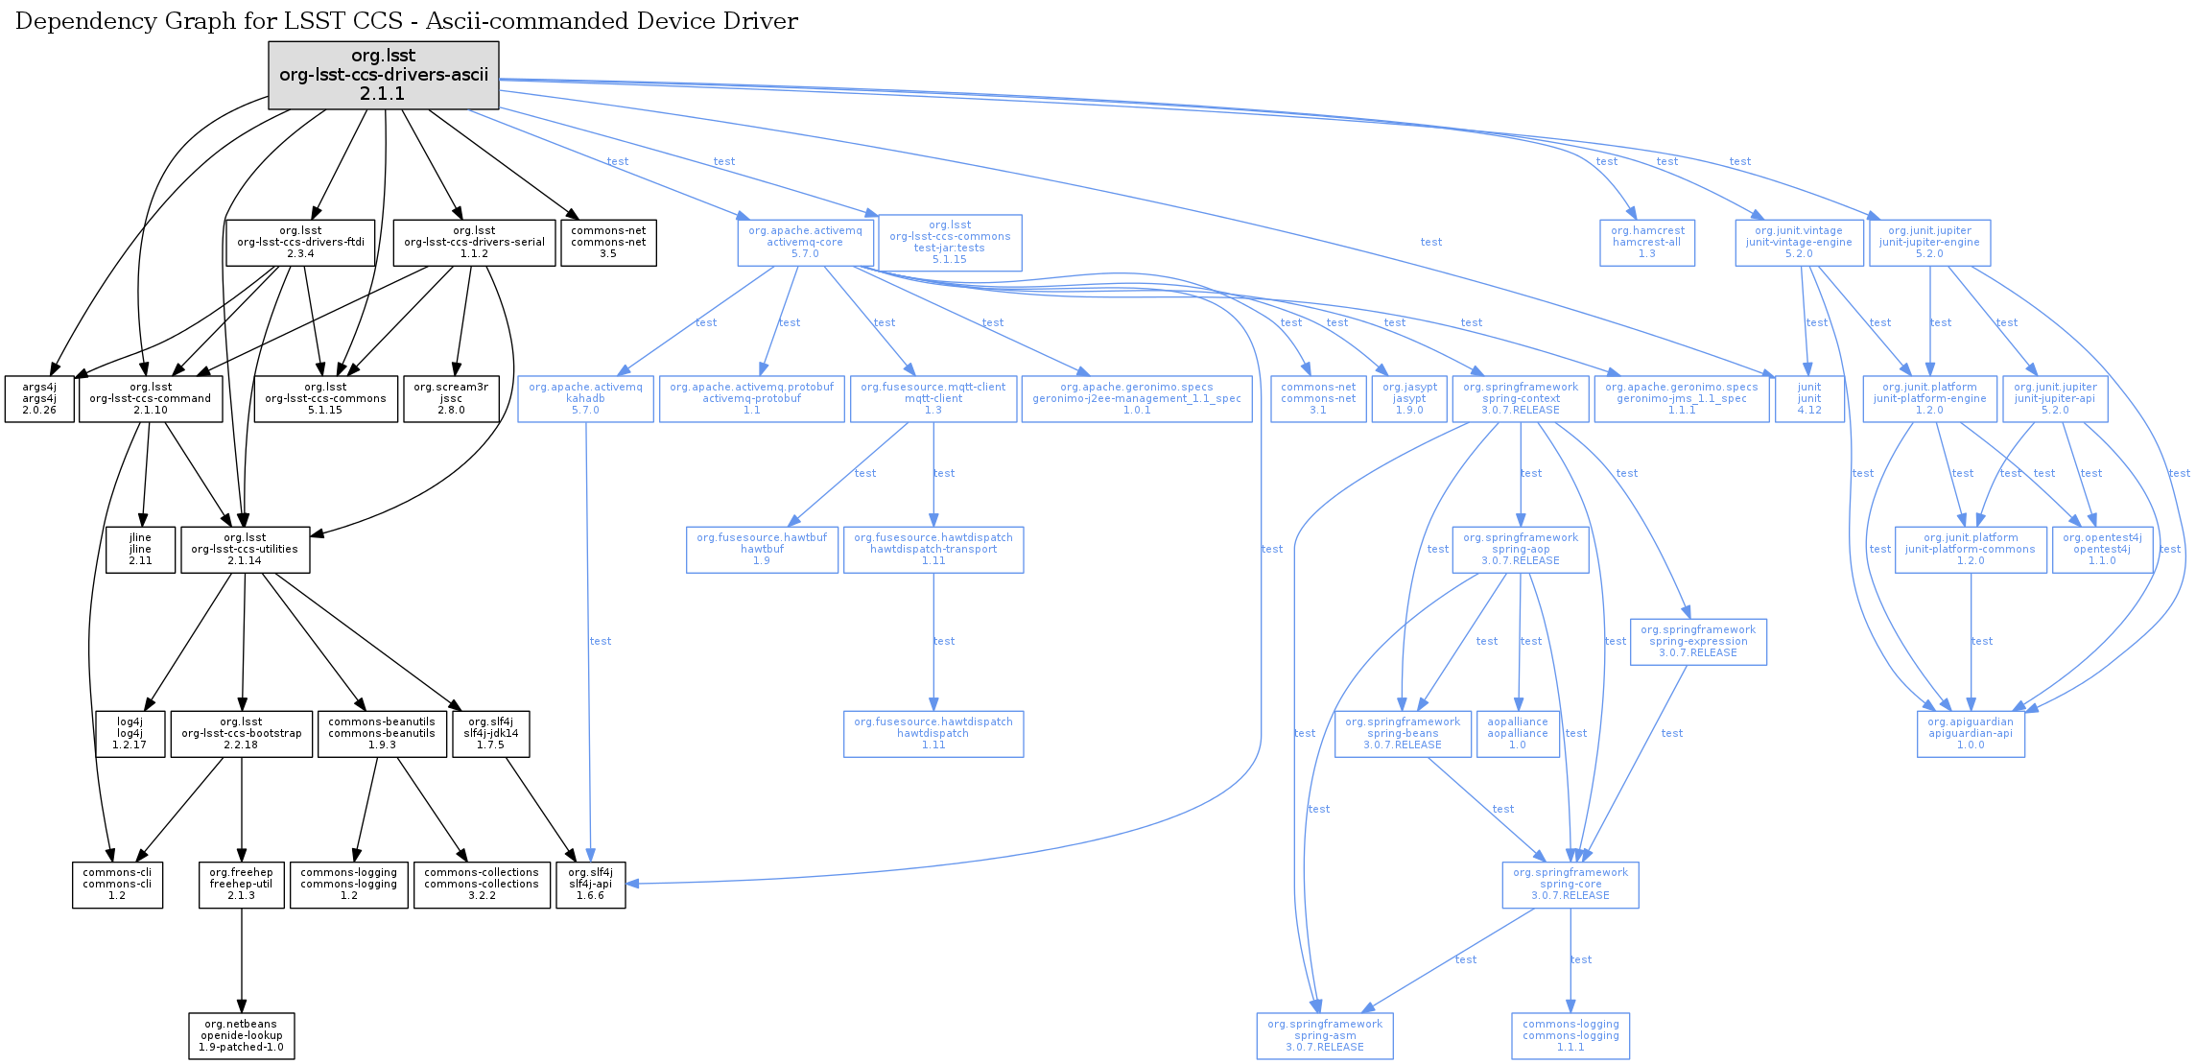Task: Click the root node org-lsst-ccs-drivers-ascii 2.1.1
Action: (384, 75)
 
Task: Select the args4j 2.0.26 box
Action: (39, 399)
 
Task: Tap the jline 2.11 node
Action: (140, 550)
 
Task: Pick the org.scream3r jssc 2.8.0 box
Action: (451, 399)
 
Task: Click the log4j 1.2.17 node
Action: (130, 734)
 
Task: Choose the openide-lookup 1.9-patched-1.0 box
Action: (241, 1036)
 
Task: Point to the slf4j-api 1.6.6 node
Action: (590, 885)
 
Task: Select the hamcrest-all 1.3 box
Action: (1646, 243)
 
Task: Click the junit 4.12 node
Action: (1808, 399)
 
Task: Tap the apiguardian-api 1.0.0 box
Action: (1971, 734)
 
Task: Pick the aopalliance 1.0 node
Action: (1518, 734)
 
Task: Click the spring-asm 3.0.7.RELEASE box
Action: (1325, 1036)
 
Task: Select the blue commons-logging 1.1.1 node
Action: (1570, 1036)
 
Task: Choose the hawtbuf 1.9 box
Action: (762, 550)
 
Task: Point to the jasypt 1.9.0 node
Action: (1409, 399)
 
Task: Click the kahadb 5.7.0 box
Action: (585, 399)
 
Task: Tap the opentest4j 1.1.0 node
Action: (2102, 550)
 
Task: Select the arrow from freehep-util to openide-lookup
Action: (241, 959)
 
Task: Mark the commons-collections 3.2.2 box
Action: (482, 885)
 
